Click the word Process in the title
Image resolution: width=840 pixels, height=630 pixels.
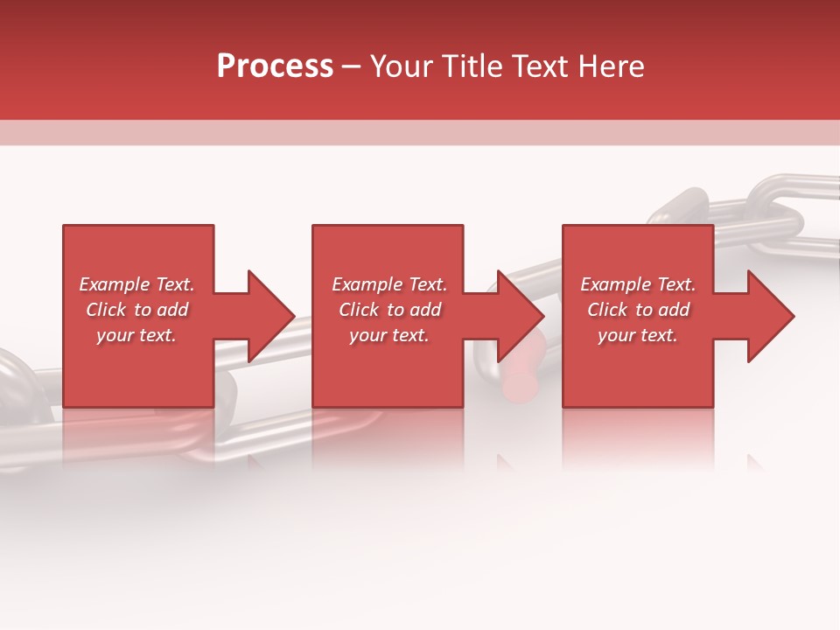[275, 66]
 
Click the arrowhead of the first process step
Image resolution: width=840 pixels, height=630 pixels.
[267, 316]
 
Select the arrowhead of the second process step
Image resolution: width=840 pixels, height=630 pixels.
[517, 316]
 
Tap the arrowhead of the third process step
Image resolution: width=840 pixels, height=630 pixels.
[767, 316]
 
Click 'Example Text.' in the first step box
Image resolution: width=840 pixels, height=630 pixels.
[137, 284]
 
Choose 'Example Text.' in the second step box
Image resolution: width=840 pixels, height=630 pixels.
[389, 284]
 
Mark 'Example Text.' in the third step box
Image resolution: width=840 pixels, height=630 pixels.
[638, 284]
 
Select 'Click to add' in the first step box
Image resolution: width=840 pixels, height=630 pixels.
[137, 310]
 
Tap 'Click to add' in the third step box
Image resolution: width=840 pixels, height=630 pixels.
[638, 310]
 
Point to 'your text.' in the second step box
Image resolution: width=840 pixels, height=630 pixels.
[389, 335]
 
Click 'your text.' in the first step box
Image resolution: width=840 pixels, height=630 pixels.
[137, 335]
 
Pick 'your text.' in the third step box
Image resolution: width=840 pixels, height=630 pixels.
[638, 335]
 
